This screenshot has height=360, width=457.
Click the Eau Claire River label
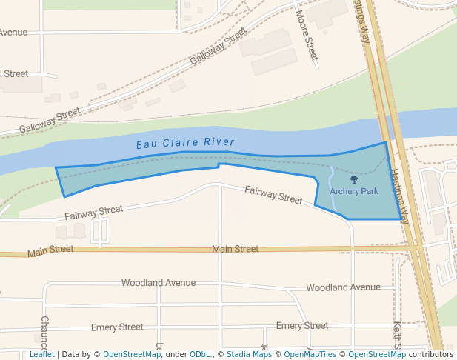[x=185, y=142]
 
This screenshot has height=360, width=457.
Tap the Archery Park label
[x=354, y=191]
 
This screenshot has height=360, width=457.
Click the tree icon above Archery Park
[x=353, y=179]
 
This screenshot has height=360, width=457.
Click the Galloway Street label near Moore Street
[x=218, y=46]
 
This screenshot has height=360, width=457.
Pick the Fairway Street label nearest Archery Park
[x=273, y=194]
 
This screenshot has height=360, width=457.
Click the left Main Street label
[x=50, y=251]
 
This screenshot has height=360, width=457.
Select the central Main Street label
[x=235, y=249]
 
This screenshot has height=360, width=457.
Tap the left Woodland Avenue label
[x=159, y=282]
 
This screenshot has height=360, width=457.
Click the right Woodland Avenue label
[x=343, y=287]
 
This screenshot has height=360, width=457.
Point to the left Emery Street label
[x=117, y=327]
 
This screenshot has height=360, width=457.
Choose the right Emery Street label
[x=301, y=325]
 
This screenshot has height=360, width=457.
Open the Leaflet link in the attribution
[x=41, y=354]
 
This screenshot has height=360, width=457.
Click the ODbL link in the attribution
[x=200, y=354]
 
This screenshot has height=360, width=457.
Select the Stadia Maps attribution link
[x=249, y=354]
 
